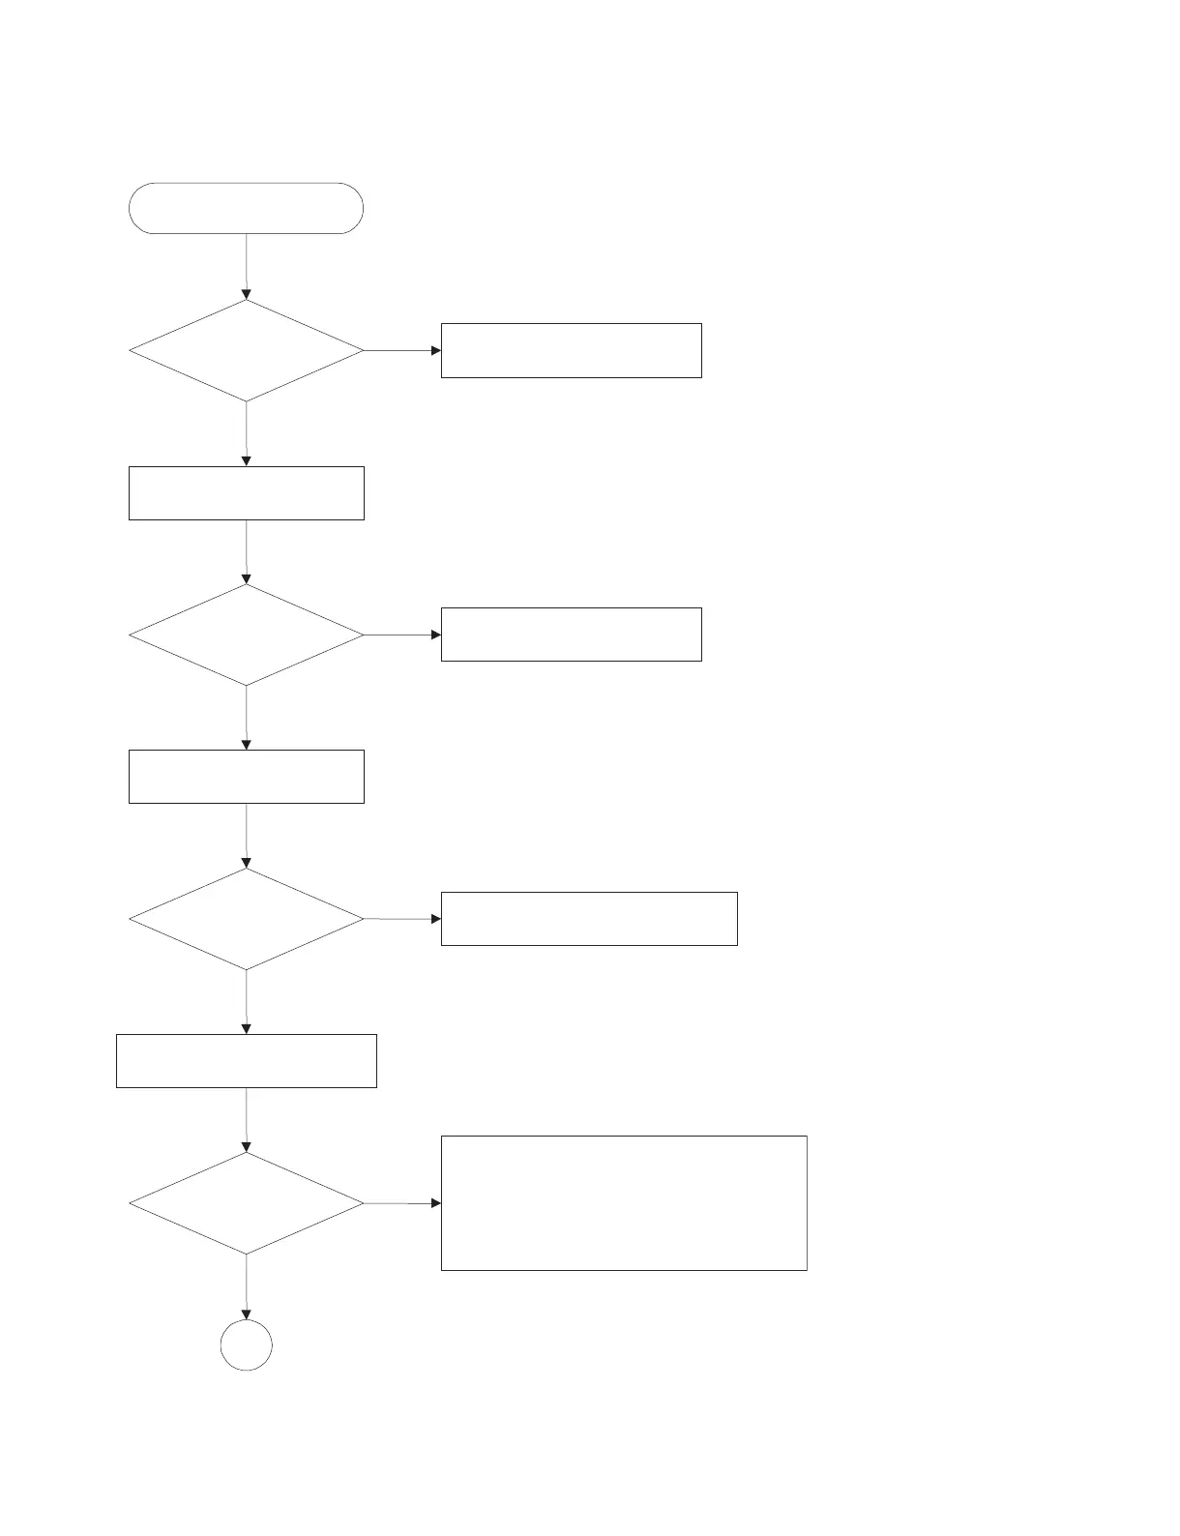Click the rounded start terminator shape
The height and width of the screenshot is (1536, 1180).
click(x=246, y=208)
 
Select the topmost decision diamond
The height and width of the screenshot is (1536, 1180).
click(x=246, y=350)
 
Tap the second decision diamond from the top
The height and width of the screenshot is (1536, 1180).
click(x=246, y=635)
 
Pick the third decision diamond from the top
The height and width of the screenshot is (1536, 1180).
click(x=246, y=919)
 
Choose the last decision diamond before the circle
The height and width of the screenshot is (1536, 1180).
click(x=246, y=1203)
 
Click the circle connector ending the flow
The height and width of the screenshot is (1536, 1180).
click(x=246, y=1345)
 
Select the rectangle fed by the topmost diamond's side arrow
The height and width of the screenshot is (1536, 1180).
click(x=571, y=350)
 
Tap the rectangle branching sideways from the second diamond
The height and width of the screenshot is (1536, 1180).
click(x=571, y=635)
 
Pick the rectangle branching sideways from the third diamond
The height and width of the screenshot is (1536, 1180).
click(x=588, y=919)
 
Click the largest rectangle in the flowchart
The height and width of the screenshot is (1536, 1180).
click(x=623, y=1203)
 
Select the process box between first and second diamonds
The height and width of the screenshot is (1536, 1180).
click(x=246, y=493)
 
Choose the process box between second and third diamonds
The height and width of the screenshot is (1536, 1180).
click(x=246, y=777)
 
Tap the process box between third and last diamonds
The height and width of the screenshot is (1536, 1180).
click(x=246, y=1061)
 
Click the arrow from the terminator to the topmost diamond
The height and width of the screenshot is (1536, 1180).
click(x=246, y=266)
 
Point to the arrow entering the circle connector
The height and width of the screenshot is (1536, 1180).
click(x=246, y=1286)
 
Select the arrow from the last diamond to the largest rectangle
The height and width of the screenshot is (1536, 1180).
click(x=401, y=1203)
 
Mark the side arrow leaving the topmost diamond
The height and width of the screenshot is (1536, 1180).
click(x=401, y=350)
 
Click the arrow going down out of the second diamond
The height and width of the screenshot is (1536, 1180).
click(x=246, y=718)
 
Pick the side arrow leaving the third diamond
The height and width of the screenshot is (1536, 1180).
click(x=401, y=919)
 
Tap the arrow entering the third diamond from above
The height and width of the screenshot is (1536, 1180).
click(x=246, y=835)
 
